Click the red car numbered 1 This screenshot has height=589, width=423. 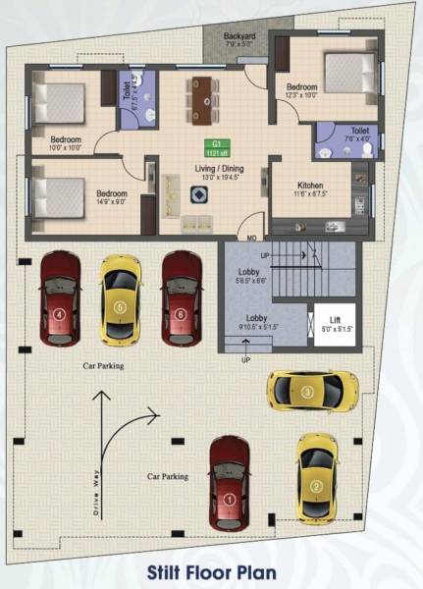[229, 483]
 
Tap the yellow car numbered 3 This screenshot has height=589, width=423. [306, 392]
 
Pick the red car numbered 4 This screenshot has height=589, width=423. [60, 298]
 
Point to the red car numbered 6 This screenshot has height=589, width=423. [182, 298]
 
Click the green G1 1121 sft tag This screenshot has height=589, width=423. [214, 148]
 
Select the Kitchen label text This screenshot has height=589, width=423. [310, 187]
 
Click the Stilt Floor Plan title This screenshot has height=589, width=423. [212, 570]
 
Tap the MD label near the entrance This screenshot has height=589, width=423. [252, 238]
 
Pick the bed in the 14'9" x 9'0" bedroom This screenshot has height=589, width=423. [55, 192]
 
